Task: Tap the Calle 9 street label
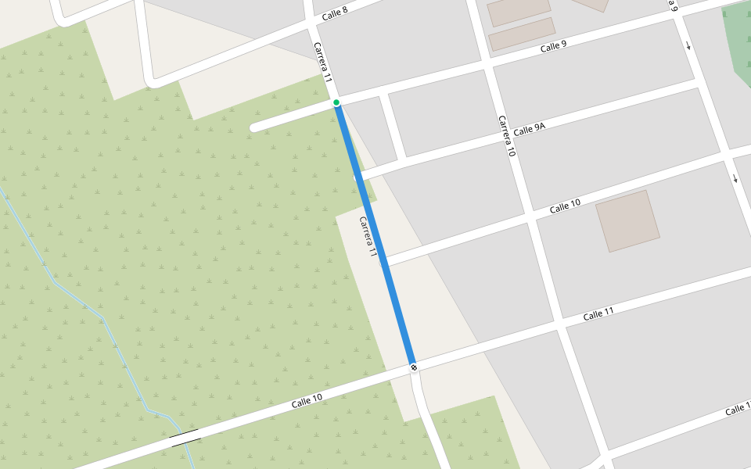click(x=553, y=47)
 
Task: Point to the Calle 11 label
click(x=598, y=314)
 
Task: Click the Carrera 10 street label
click(x=507, y=136)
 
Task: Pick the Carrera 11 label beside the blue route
click(x=368, y=236)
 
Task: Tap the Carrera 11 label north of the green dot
click(x=323, y=63)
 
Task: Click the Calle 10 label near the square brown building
click(x=565, y=206)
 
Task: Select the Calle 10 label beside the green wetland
click(x=307, y=402)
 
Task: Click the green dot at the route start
click(x=336, y=102)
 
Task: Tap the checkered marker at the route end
click(x=413, y=367)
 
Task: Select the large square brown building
click(x=627, y=220)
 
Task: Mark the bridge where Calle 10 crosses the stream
click(x=185, y=437)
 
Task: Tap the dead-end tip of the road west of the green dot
click(x=253, y=127)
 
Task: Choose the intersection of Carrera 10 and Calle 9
click(x=487, y=64)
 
